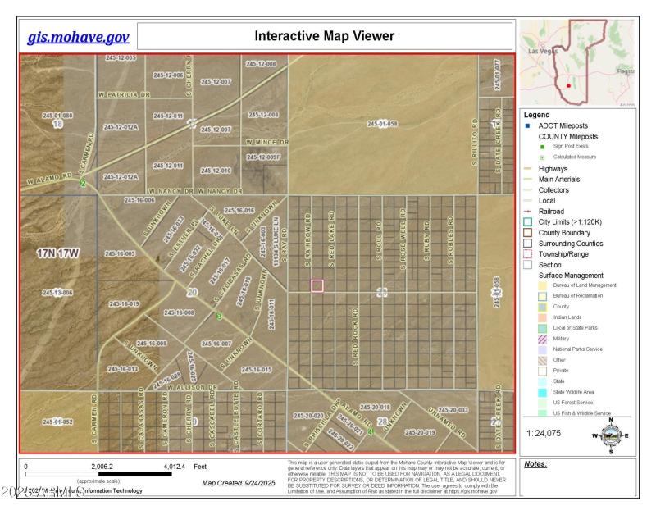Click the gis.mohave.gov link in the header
[78, 37]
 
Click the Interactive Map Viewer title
[325, 36]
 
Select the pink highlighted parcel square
[317, 285]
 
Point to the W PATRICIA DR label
[124, 94]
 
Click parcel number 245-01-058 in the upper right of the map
[381, 123]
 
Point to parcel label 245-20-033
[453, 409]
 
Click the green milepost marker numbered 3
[219, 317]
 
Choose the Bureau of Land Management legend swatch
[541, 285]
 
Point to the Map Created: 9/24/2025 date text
[243, 482]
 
